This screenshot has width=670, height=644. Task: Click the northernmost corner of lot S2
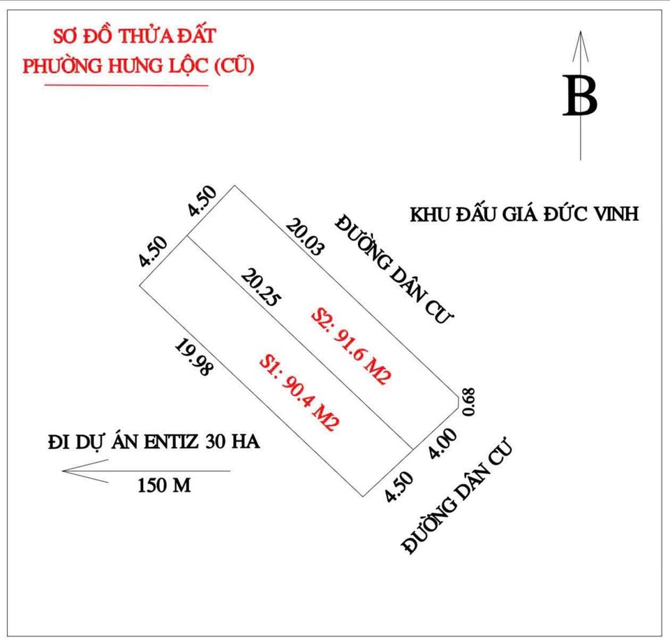pyautogui.click(x=234, y=186)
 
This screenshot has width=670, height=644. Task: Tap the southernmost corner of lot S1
pyautogui.click(x=363, y=497)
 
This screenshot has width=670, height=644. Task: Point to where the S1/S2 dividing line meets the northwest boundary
pyautogui.click(x=188, y=235)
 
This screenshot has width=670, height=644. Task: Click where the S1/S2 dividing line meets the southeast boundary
pyautogui.click(x=412, y=449)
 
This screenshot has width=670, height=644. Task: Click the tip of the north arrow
pyautogui.click(x=580, y=31)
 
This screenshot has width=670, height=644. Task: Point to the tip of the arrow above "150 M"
pyautogui.click(x=63, y=471)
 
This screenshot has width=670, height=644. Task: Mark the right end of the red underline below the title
pyautogui.click(x=208, y=85)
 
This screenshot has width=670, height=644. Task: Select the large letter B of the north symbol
pyautogui.click(x=580, y=96)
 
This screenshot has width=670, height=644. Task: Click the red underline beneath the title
pyautogui.click(x=126, y=85)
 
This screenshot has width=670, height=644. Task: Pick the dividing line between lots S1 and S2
pyautogui.click(x=300, y=342)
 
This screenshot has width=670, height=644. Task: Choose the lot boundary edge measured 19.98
pyautogui.click(x=252, y=390)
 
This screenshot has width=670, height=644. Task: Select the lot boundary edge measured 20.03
pyautogui.click(x=344, y=290)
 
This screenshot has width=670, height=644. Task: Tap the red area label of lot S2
pyautogui.click(x=351, y=346)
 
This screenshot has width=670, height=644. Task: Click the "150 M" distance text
pyautogui.click(x=164, y=485)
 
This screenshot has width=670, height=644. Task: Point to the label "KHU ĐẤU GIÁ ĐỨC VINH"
pyautogui.click(x=524, y=214)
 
